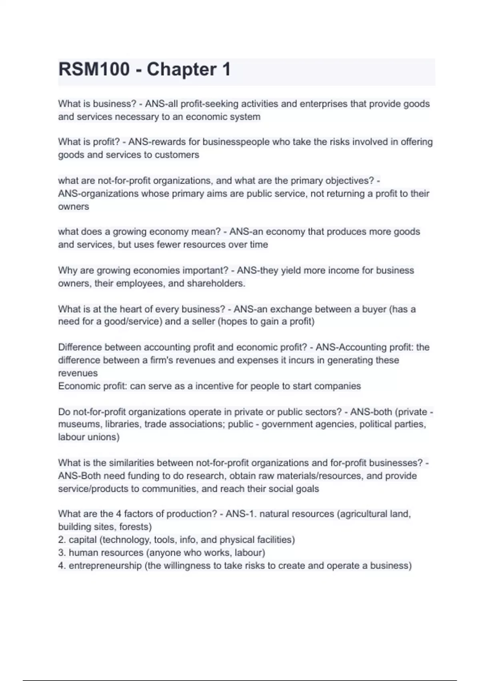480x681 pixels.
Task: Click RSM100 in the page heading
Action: tap(94, 69)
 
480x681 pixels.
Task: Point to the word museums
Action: tap(78, 424)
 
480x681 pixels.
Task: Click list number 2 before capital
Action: tap(62, 540)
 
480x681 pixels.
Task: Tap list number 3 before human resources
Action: tap(62, 553)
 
